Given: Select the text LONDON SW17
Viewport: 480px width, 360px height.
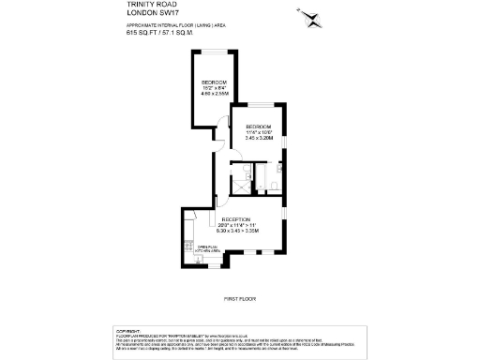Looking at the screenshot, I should pyautogui.click(x=148, y=13).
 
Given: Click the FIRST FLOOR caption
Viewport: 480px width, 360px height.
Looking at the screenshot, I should pyautogui.click(x=239, y=298).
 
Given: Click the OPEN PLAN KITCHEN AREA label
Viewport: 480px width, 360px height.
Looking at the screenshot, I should pyautogui.click(x=207, y=249).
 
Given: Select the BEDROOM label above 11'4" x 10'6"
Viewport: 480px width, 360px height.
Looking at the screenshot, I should pyautogui.click(x=258, y=126).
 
